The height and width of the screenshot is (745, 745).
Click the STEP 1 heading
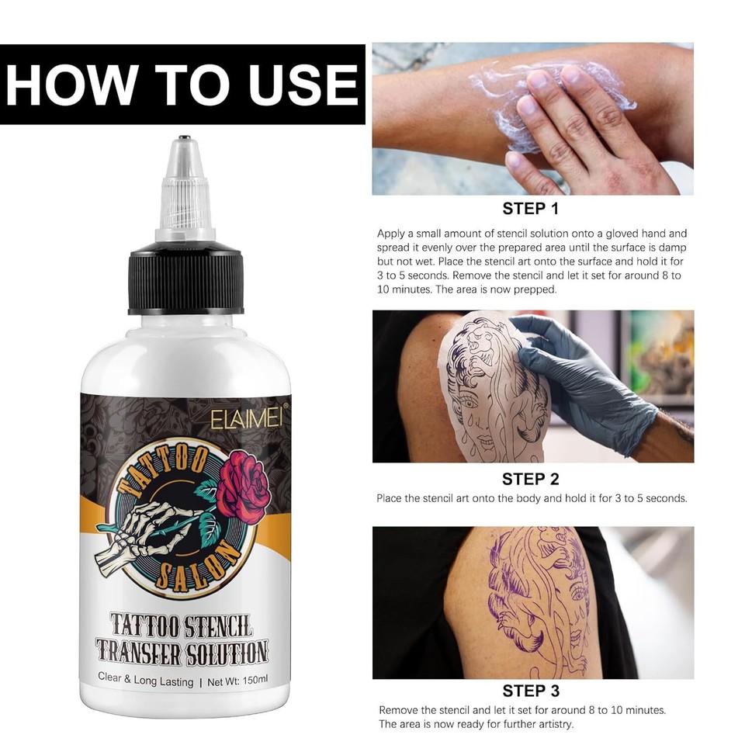point(531,208)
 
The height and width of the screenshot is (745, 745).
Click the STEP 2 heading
point(531,479)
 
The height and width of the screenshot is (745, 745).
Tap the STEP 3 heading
point(531,691)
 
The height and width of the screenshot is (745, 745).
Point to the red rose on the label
point(241,484)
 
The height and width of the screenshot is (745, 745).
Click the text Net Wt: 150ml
point(238,677)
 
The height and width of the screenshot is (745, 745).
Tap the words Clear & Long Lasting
point(145,677)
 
